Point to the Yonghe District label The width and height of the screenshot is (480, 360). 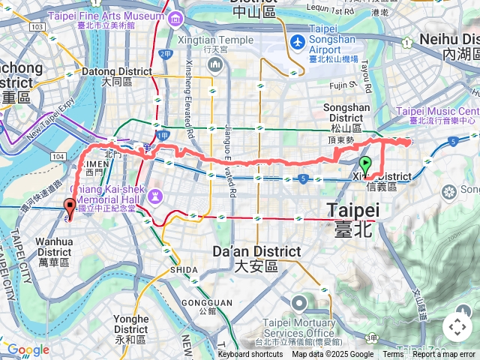pyautogui.click(x=130, y=323)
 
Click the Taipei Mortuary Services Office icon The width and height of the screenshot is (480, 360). pyautogui.click(x=298, y=304)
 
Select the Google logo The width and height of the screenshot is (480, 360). pyautogui.click(x=28, y=349)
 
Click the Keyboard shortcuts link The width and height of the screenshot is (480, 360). pyautogui.click(x=250, y=355)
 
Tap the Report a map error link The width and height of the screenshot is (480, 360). pyautogui.click(x=444, y=355)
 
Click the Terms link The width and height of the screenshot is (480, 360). pyautogui.click(x=393, y=355)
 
